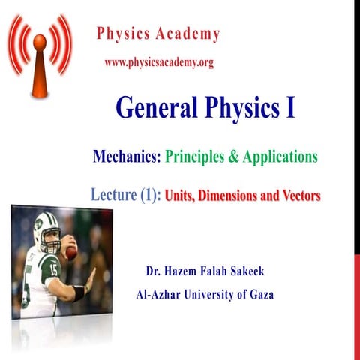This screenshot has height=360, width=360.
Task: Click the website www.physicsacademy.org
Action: pos(159,63)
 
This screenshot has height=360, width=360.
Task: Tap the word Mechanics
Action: pos(126,157)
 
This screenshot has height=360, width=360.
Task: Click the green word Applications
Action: pos(277,157)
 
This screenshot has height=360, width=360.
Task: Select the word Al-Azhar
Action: pos(158,294)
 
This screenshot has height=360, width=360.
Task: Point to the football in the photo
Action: pos(70,252)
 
